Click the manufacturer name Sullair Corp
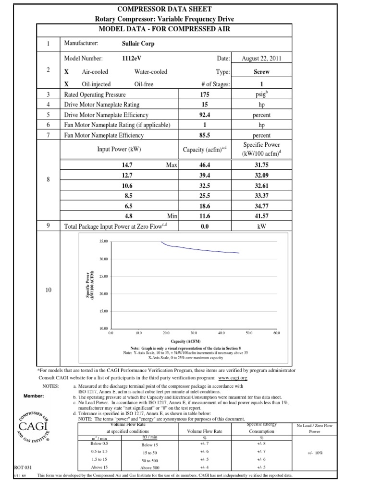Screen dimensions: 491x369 [x=138, y=43]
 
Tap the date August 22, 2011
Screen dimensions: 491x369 [x=261, y=58]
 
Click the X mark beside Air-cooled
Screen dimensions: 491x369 [x=67, y=72]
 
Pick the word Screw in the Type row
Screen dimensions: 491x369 [x=261, y=72]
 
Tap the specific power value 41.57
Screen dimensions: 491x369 [x=261, y=216]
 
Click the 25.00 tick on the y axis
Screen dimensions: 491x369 [x=103, y=277]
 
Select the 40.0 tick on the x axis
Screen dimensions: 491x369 [x=221, y=332]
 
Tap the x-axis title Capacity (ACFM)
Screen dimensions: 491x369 [x=193, y=341]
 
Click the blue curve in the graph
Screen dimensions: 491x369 [x=202, y=250]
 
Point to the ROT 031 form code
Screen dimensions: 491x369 [x=11, y=467]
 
